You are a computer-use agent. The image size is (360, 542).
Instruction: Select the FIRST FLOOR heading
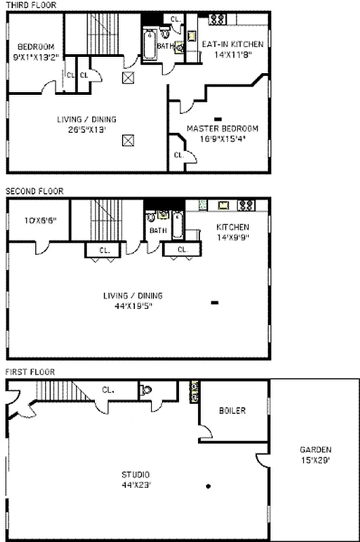[31, 372]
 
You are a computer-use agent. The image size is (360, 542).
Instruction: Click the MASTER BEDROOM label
[222, 128]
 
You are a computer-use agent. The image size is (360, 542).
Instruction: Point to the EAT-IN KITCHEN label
[233, 44]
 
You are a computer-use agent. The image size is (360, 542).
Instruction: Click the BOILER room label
[232, 411]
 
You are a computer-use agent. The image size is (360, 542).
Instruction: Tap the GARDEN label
[315, 450]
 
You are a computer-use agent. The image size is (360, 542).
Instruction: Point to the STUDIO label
[136, 474]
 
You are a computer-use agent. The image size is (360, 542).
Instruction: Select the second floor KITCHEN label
[233, 227]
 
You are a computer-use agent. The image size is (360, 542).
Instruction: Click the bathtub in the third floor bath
[149, 45]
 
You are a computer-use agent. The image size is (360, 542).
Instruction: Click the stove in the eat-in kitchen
[217, 19]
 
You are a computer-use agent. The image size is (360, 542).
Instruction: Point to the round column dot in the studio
[208, 486]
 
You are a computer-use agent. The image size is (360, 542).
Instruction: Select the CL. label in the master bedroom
[178, 154]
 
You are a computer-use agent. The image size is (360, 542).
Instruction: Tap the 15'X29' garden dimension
[315, 460]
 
